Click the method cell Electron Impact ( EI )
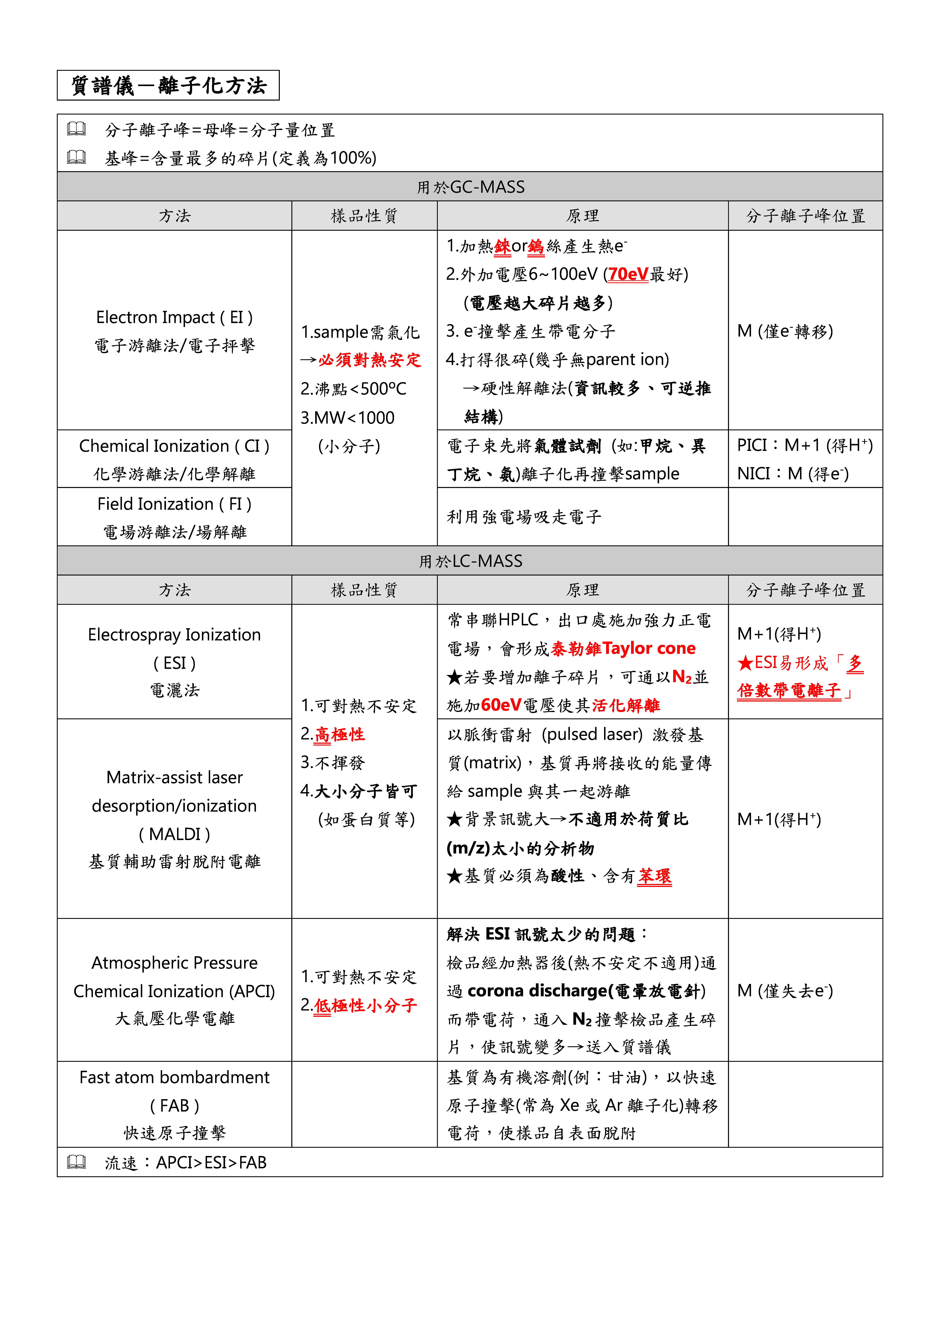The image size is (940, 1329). pyautogui.click(x=174, y=317)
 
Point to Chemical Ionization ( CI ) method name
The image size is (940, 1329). pyautogui.click(x=174, y=446)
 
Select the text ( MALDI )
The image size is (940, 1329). pyautogui.click(x=174, y=834)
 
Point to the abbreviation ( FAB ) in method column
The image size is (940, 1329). pyautogui.click(x=174, y=1106)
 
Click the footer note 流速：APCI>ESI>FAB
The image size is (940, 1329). pyautogui.click(x=185, y=1162)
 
